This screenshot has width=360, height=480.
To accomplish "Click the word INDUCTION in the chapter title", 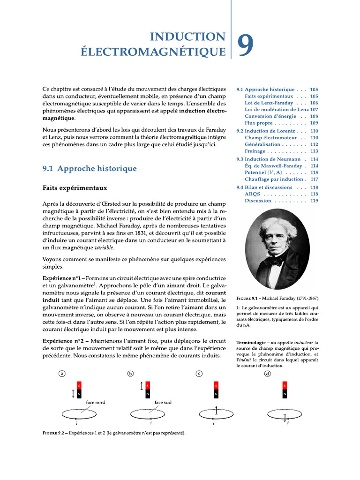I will (187, 37).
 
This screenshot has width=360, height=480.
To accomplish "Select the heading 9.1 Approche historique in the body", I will (90, 168).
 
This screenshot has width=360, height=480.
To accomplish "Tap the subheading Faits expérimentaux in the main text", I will (75, 188).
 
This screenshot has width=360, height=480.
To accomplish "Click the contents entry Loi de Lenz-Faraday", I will (269, 103).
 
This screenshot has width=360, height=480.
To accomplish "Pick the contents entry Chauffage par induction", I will (275, 179).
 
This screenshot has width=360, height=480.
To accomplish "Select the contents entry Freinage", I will (255, 151).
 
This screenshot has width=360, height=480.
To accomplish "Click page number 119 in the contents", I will (314, 201).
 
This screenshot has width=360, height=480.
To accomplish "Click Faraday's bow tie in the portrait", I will (277, 259).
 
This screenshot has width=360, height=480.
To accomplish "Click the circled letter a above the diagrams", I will (61, 374).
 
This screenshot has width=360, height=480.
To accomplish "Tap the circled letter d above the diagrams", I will (268, 374).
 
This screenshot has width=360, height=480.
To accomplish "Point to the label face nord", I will (96, 402).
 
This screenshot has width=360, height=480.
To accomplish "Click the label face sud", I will (163, 402).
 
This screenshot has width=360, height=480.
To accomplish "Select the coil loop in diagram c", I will (216, 414).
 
